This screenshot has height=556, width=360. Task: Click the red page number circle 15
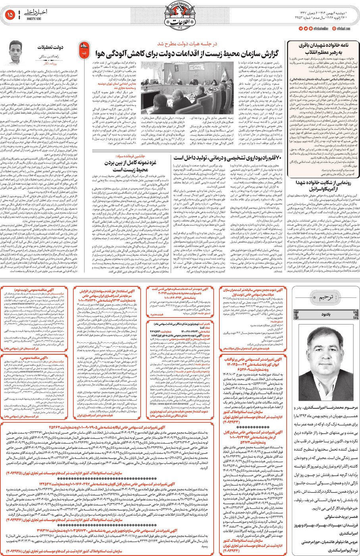click(x=10, y=15)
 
